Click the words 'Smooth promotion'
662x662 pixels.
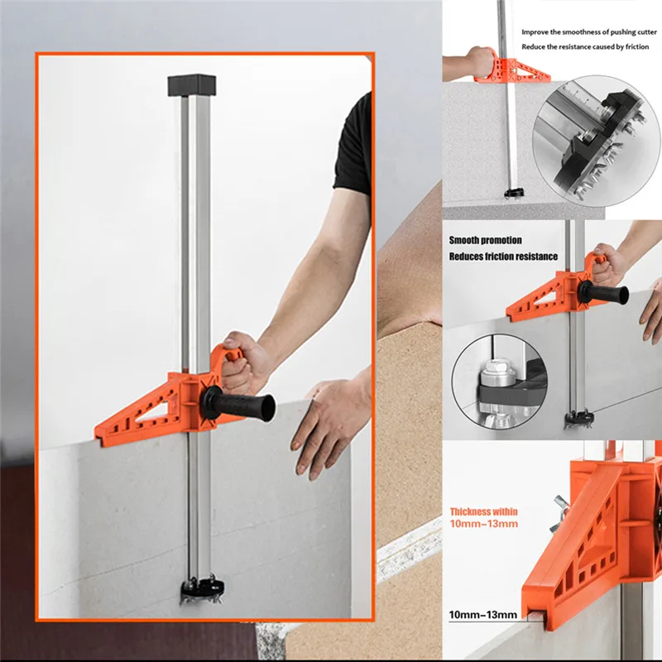coord(486,240)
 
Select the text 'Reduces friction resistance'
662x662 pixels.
coord(503,257)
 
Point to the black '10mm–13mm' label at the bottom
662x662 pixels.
coord(482,614)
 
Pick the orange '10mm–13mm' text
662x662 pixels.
coord(484,525)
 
